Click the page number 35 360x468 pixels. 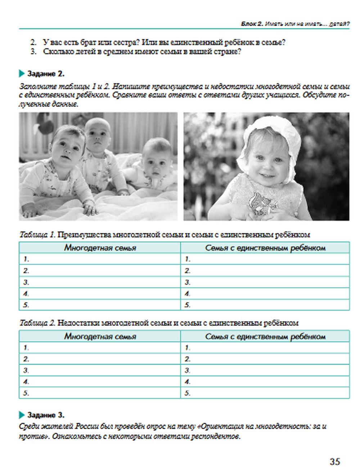[334, 461]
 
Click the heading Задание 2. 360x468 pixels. [46, 74]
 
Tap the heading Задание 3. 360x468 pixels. [46, 415]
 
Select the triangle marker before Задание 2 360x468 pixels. [22, 74]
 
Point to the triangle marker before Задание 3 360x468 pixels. [22, 415]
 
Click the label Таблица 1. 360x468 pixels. [37, 235]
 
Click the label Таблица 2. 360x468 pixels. [37, 323]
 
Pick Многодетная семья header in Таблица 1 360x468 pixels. [100, 248]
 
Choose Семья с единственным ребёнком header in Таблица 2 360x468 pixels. [265, 336]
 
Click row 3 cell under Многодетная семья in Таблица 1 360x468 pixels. [100, 282]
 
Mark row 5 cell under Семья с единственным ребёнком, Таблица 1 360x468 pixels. [265, 305]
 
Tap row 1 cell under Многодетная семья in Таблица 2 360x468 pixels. [100, 348]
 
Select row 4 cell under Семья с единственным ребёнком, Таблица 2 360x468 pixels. [265, 382]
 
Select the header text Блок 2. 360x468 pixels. [252, 24]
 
